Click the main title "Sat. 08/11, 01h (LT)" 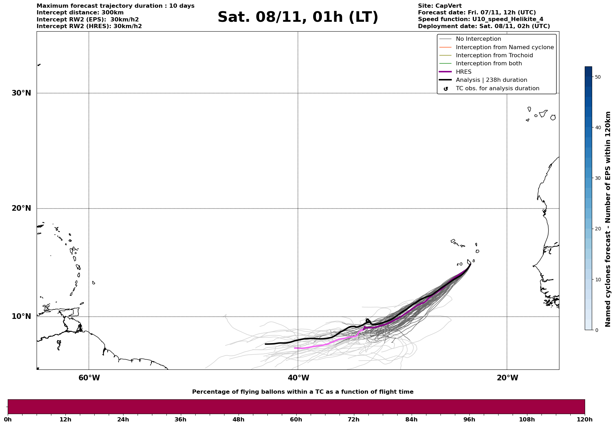pyautogui.click(x=298, y=17)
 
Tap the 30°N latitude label pyautogui.click(x=21, y=93)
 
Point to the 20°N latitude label pyautogui.click(x=21, y=208)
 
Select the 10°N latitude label pyautogui.click(x=21, y=316)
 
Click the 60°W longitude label pyautogui.click(x=89, y=378)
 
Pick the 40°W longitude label pyautogui.click(x=298, y=378)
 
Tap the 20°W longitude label pyautogui.click(x=507, y=378)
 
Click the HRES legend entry pyautogui.click(x=463, y=72)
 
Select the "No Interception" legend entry pyautogui.click(x=478, y=39)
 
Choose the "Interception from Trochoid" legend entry pyautogui.click(x=494, y=55)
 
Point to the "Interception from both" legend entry pyautogui.click(x=489, y=64)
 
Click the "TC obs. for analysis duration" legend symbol pyautogui.click(x=446, y=89)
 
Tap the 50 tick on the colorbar pyautogui.click(x=597, y=77)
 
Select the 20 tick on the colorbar pyautogui.click(x=597, y=229)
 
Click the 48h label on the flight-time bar pyautogui.click(x=238, y=420)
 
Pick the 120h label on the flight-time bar pyautogui.click(x=585, y=420)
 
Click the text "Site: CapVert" pyautogui.click(x=439, y=6)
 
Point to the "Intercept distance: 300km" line pyautogui.click(x=80, y=13)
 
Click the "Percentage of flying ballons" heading pyautogui.click(x=303, y=392)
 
